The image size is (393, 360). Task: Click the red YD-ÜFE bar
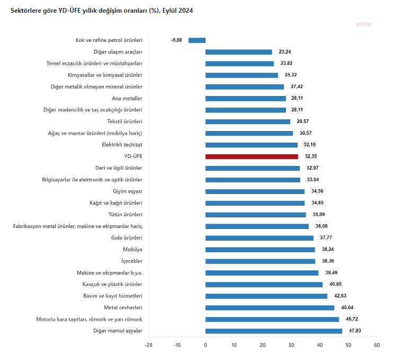point(252,156)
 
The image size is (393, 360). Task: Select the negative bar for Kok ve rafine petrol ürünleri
point(197,40)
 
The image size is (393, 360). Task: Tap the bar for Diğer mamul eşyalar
point(274,331)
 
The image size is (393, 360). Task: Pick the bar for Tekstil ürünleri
point(248,121)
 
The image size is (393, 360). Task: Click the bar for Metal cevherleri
point(270,308)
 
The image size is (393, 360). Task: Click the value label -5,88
point(177,40)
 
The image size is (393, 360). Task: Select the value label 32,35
point(311,156)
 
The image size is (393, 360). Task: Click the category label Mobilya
point(132,249)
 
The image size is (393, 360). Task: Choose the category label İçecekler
point(131,261)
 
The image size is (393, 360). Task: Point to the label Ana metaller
point(127,98)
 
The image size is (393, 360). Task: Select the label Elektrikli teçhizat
point(122,145)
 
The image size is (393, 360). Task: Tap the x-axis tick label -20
point(148,345)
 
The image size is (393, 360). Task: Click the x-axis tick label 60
point(377,345)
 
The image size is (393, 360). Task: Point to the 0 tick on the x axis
point(206,345)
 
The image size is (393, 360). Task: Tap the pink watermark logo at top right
point(363,24)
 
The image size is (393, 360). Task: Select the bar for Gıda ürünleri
point(260,238)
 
